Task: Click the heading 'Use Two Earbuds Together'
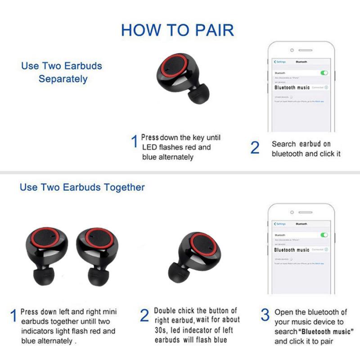coord(82,187)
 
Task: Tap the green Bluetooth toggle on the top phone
coord(324,72)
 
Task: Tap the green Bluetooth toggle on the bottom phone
coord(324,235)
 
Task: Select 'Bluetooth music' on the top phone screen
coord(292,87)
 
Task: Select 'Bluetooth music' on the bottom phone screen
coord(292,250)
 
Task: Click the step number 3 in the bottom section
coord(265,315)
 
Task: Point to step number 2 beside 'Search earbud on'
coord(255,147)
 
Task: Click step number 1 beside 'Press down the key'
coord(134,142)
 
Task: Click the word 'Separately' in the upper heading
coord(63,79)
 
